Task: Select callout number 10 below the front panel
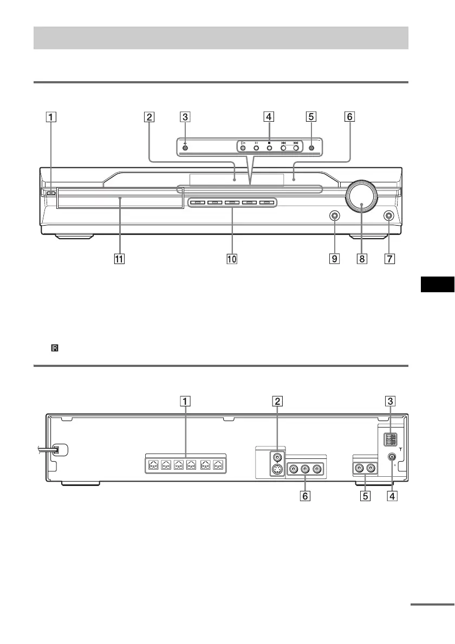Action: click(x=232, y=259)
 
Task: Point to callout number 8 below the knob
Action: click(x=362, y=259)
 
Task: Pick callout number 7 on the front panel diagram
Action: click(x=389, y=259)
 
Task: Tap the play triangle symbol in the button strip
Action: click(x=243, y=143)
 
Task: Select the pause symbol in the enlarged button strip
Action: click(x=256, y=143)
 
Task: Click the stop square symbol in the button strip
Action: click(x=269, y=143)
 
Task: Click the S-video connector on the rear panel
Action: click(x=277, y=470)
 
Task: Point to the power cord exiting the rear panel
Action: click(x=43, y=449)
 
